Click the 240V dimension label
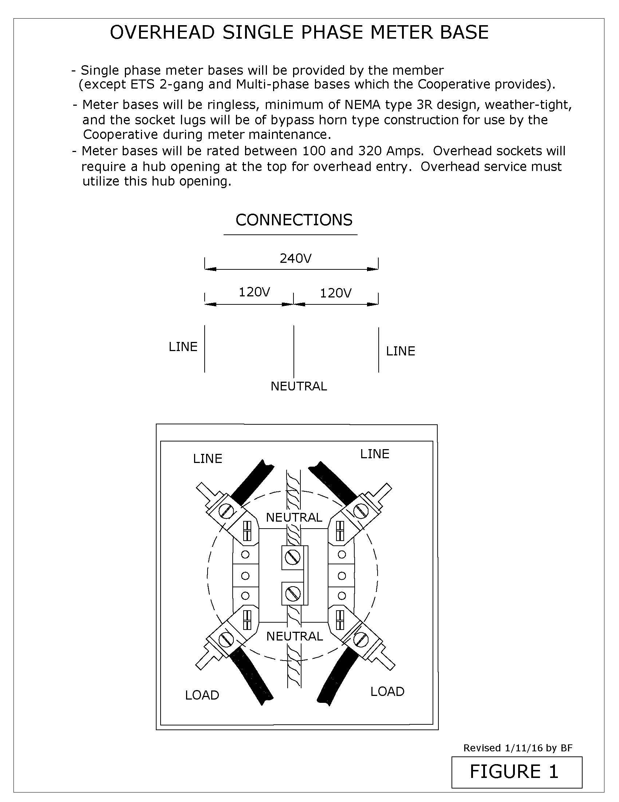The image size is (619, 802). (x=296, y=258)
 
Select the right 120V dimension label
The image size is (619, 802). (x=336, y=293)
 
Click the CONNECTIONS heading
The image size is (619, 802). (x=294, y=220)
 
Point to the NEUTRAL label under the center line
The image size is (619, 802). (x=299, y=386)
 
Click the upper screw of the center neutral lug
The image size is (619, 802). (x=293, y=557)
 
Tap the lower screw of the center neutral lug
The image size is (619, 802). (x=293, y=594)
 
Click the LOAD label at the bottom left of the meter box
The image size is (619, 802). (x=202, y=695)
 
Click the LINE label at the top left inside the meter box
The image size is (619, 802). (x=208, y=459)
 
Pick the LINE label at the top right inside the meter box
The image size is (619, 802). (x=374, y=454)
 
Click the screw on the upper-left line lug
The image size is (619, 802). (x=225, y=511)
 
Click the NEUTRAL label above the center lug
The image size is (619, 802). (x=294, y=517)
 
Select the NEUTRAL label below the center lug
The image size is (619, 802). (x=295, y=636)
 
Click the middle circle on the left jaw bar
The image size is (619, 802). (x=245, y=575)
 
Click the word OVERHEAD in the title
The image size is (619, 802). (x=162, y=32)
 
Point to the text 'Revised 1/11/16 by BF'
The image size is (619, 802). (x=518, y=748)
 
